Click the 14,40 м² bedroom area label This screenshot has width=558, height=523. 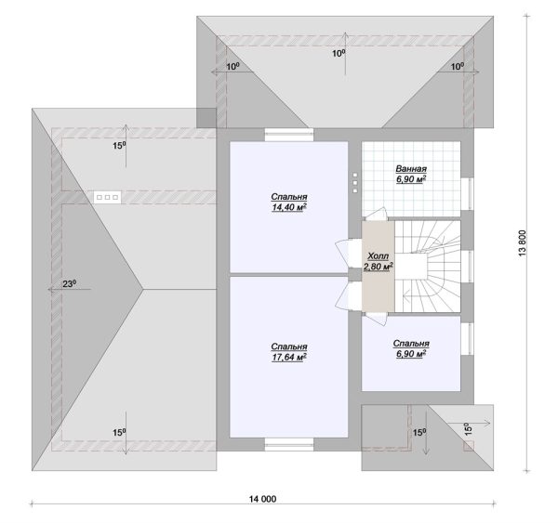click(x=289, y=202)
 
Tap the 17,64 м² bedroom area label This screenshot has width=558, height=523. click(x=289, y=352)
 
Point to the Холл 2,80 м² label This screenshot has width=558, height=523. click(x=378, y=261)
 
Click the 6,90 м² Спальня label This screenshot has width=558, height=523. click(x=411, y=348)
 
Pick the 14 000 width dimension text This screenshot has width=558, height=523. click(x=262, y=499)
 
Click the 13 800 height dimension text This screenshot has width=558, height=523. click(x=522, y=243)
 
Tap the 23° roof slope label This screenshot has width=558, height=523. click(x=70, y=283)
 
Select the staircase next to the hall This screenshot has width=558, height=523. click(x=428, y=267)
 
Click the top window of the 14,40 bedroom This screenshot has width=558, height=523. click(x=289, y=135)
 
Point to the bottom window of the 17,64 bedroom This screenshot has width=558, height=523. click(x=289, y=444)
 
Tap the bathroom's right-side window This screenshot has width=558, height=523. click(x=467, y=193)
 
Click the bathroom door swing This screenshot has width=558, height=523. click(x=376, y=214)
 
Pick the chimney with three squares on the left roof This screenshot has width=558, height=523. click(x=108, y=197)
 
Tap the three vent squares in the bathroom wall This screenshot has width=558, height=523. click(x=355, y=183)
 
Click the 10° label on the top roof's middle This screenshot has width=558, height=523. click(x=339, y=53)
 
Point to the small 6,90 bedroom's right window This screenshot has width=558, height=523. click(x=467, y=339)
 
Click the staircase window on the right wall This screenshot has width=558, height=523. click(x=467, y=267)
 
